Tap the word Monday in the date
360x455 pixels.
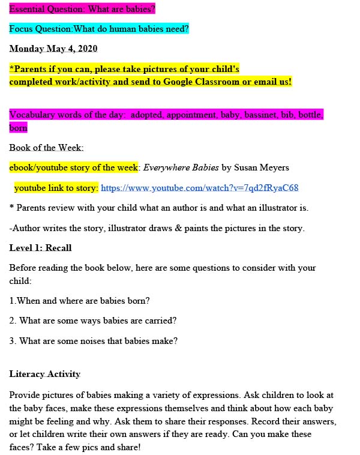pos(26,49)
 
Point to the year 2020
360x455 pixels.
pos(85,49)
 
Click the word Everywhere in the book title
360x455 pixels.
pos(166,167)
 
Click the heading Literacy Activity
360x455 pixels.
pos(44,374)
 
